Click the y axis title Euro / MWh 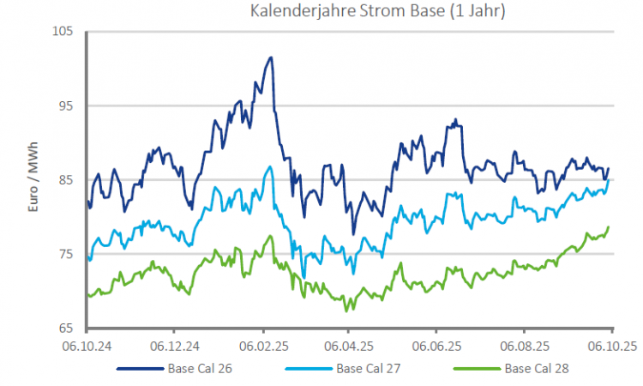pyautogui.click(x=35, y=180)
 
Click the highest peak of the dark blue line pyautogui.click(x=271, y=57)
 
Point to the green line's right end pyautogui.click(x=609, y=227)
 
